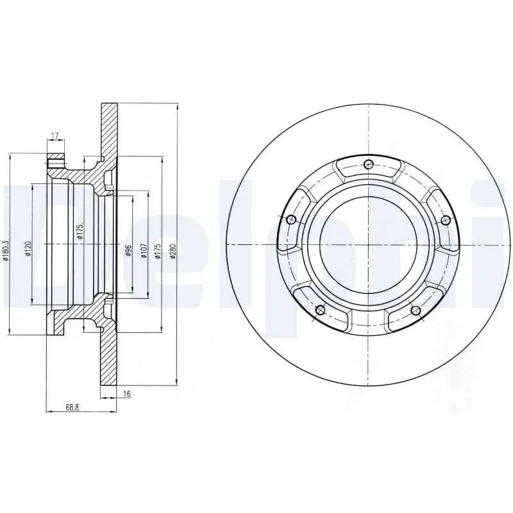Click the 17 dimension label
(55, 135)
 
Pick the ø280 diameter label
(172, 251)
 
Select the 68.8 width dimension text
(72, 407)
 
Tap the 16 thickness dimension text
(127, 394)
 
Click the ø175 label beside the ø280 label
(158, 251)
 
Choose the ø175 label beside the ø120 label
(80, 230)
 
